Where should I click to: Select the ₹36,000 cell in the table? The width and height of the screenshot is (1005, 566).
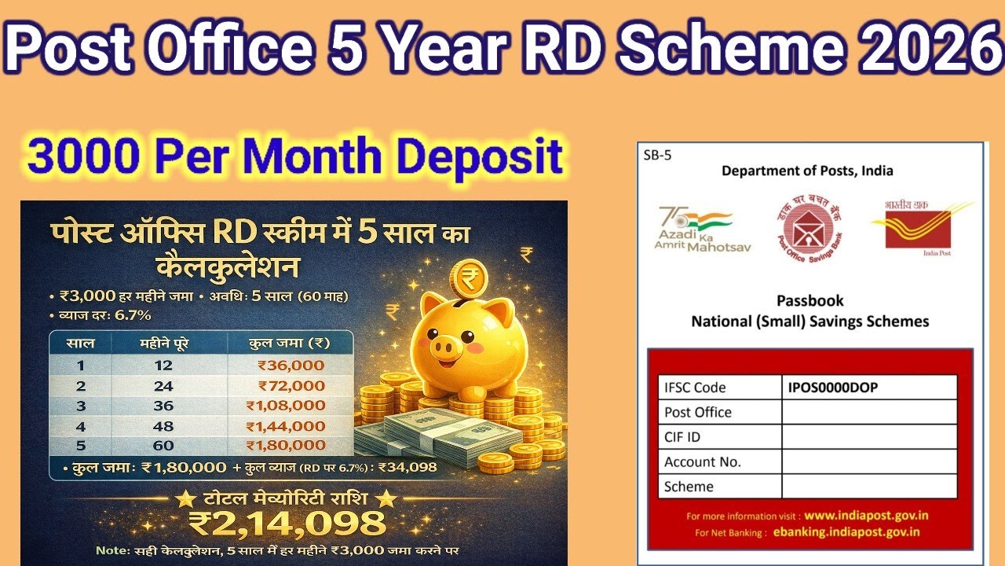[291, 366]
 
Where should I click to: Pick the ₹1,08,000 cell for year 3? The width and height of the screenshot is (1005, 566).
[285, 406]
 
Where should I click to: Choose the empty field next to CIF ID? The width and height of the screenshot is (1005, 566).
[869, 437]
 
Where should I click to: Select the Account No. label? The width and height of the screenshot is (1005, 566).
[703, 462]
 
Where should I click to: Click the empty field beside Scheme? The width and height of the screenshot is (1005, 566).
[869, 487]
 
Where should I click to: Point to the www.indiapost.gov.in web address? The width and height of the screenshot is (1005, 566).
[867, 516]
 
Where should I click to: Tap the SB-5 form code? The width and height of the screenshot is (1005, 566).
[658, 156]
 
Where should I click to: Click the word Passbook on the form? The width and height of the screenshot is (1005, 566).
[809, 301]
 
